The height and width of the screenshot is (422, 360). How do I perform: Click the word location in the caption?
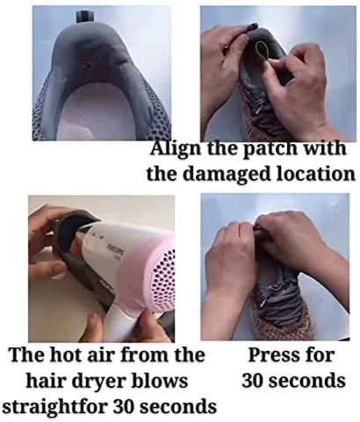point(316,174)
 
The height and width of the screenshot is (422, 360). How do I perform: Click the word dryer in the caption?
point(106,382)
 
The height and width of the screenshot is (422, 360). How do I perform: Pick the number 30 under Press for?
point(254,381)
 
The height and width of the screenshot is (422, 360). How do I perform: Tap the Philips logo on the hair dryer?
point(118,251)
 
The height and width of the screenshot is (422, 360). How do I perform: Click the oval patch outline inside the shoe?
point(261,51)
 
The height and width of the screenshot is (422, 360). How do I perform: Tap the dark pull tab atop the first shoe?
point(85,17)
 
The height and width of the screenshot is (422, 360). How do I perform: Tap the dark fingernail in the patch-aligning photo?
point(251,27)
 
